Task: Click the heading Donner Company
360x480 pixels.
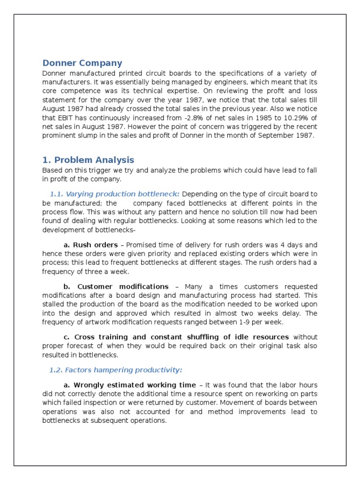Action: pyautogui.click(x=82, y=63)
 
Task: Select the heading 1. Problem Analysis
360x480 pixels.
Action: pyautogui.click(x=88, y=160)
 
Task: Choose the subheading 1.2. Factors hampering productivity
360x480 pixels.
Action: pyautogui.click(x=115, y=370)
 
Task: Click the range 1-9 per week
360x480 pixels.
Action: pyautogui.click(x=265, y=322)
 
